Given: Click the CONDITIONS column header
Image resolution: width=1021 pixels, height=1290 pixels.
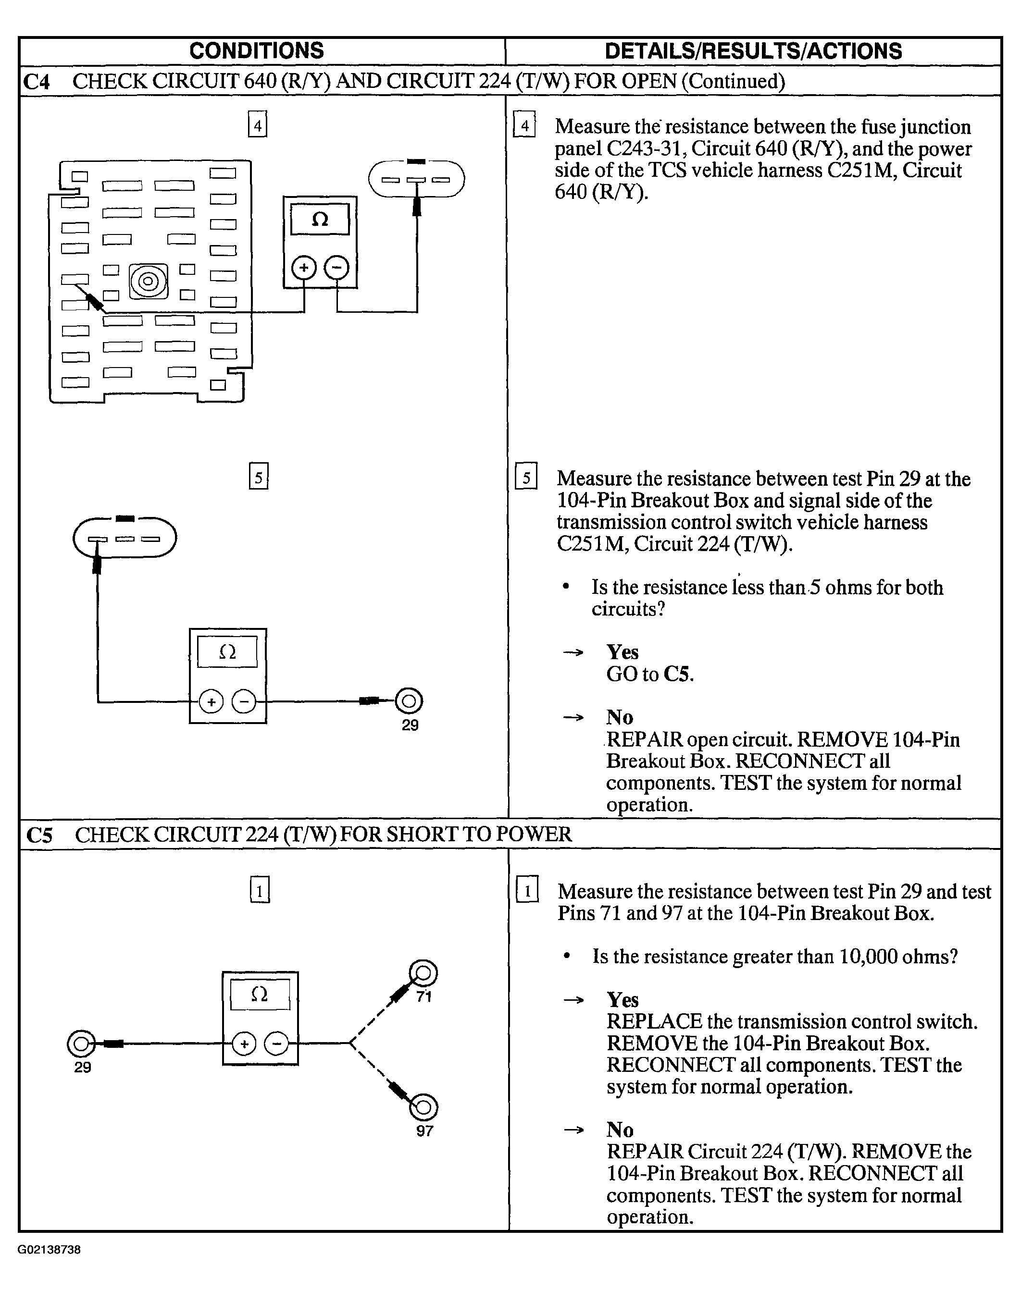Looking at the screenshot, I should tap(256, 51).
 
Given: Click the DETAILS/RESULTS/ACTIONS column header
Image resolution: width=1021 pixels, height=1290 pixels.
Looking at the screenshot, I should tap(753, 51).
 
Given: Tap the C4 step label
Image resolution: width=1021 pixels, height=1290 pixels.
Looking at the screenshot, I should tap(36, 81).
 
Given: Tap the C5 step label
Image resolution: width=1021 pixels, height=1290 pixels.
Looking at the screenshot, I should tap(39, 835).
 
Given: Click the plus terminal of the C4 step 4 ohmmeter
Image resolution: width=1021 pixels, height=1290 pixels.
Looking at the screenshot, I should tap(304, 267).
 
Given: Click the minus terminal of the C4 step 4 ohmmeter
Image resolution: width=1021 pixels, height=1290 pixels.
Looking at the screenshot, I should tap(336, 267).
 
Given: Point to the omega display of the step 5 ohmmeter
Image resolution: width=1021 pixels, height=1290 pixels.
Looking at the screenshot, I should tap(228, 652).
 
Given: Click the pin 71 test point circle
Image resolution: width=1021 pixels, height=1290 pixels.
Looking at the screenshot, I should tap(423, 974).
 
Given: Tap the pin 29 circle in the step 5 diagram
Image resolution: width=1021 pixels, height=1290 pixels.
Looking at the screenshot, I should tap(410, 701).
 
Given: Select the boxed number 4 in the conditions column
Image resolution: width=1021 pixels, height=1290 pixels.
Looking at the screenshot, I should tap(258, 125).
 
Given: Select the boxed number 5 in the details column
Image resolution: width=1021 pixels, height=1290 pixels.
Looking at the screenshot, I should tap(526, 478).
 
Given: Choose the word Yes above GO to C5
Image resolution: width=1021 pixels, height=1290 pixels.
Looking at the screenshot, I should tap(623, 652).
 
